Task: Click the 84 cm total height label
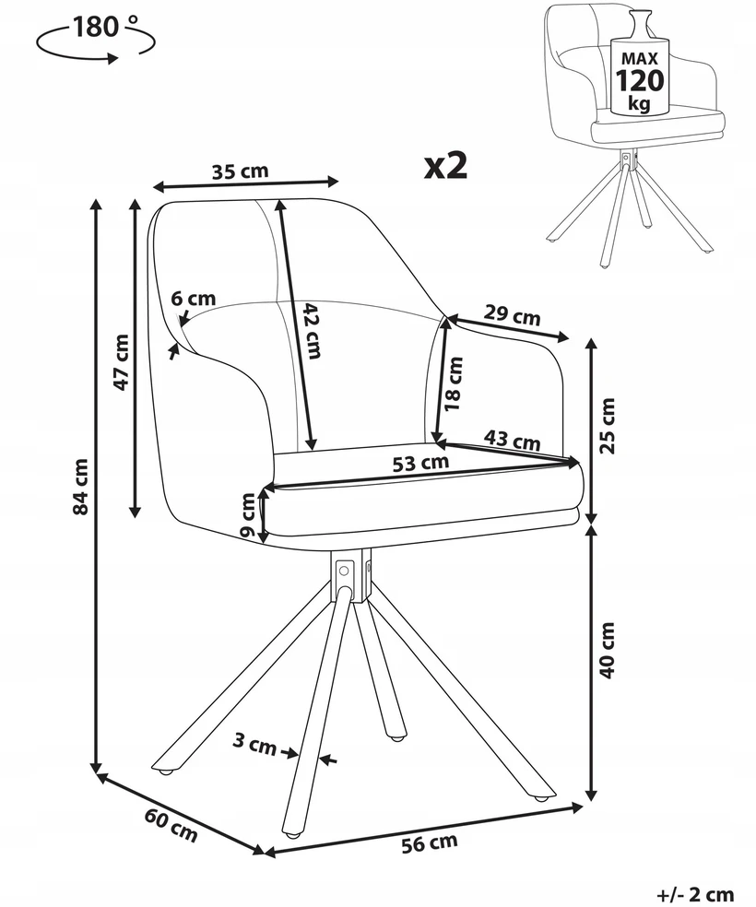coord(81,486)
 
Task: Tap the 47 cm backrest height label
coord(122,362)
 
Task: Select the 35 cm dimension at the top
coord(240,171)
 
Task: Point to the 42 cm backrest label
coord(312,330)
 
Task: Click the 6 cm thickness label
coord(194,299)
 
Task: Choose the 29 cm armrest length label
coord(512,315)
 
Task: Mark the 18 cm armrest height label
coord(454,383)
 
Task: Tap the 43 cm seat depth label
coord(512,441)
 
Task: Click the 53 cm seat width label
coord(420,463)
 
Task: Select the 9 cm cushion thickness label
coord(248,514)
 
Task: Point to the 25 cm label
coord(608,426)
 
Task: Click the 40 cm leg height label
coord(608,650)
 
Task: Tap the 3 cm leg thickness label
coord(254,744)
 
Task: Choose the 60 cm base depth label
coord(171,826)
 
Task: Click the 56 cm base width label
coord(430,843)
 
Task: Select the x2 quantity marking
coord(446,167)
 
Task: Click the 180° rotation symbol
coord(96,38)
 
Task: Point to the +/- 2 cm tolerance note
coord(695,894)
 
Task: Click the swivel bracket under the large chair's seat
coord(350,575)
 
